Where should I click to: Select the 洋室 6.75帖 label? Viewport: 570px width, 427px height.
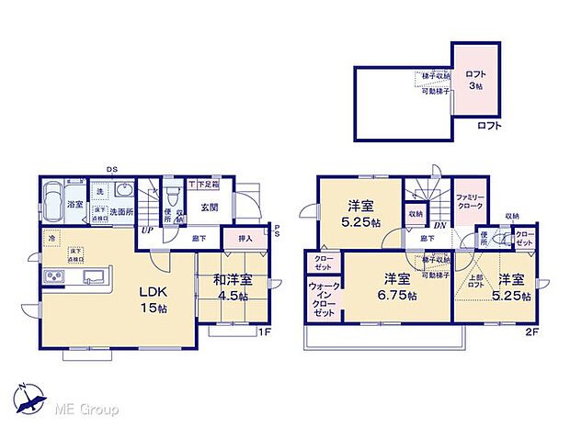(397, 287)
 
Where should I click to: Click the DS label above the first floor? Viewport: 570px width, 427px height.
(110, 169)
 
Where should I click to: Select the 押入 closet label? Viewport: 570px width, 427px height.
(245, 238)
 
